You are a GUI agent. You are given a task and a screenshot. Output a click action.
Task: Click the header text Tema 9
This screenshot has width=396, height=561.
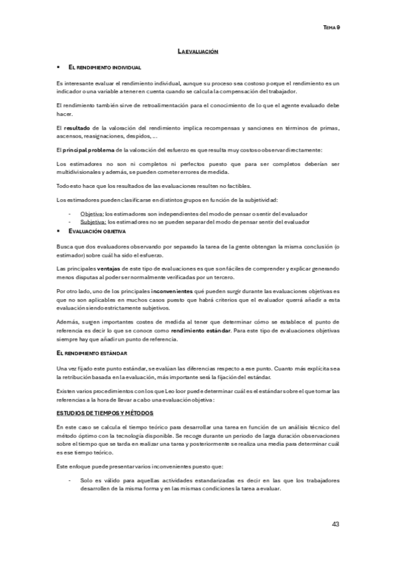(x=331, y=28)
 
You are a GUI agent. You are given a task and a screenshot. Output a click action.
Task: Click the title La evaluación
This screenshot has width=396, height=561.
(x=198, y=51)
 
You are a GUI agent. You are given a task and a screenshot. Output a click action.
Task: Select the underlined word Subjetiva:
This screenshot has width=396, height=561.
(x=93, y=222)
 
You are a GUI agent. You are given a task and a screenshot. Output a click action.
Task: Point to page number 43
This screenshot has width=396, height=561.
(x=335, y=525)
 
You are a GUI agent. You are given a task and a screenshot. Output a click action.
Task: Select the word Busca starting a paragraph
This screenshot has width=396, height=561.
(x=65, y=246)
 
